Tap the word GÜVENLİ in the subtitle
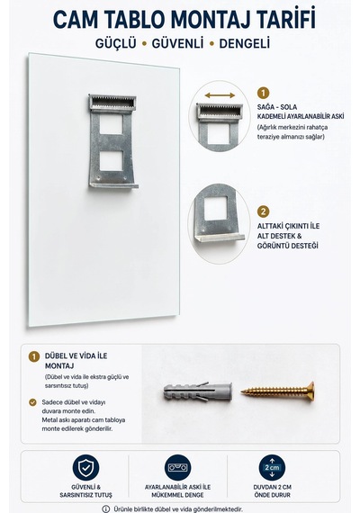tap(177, 43)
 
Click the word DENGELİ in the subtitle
tap(245, 44)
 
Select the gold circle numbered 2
tap(263, 211)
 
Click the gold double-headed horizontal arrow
tap(220, 95)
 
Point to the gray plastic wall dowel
tap(198, 391)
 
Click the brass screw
tap(278, 391)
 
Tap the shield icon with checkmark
tap(85, 467)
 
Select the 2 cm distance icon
tap(272, 467)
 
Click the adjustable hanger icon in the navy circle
tap(177, 467)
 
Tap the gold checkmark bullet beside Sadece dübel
tap(32, 402)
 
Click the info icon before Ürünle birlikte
tap(105, 508)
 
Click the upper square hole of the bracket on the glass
tap(112, 124)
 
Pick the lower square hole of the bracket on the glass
tap(112, 160)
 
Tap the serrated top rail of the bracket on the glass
tap(112, 103)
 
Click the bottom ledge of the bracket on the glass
tap(114, 185)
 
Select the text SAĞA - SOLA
tap(277, 107)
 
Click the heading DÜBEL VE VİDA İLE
tap(76, 355)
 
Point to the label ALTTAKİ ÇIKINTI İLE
tap(288, 226)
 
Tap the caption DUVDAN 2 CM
tap(273, 487)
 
